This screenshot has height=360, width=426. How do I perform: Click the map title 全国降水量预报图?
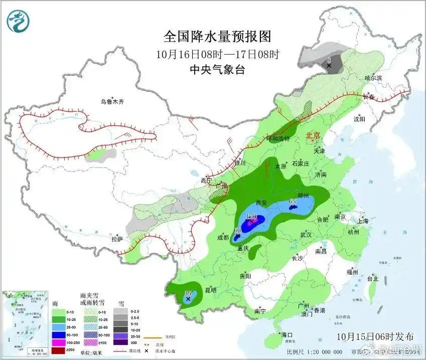(217, 36)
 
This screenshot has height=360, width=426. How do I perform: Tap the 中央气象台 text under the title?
(217, 70)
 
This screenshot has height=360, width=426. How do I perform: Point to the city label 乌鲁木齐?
(111, 102)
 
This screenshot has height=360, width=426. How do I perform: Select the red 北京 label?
(313, 135)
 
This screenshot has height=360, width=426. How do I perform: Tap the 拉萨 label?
(117, 240)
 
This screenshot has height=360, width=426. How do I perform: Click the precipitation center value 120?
(251, 217)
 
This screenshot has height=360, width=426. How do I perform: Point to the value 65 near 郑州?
(293, 202)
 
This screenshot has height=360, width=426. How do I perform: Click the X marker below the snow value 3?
(329, 66)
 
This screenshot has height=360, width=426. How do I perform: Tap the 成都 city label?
(223, 238)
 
